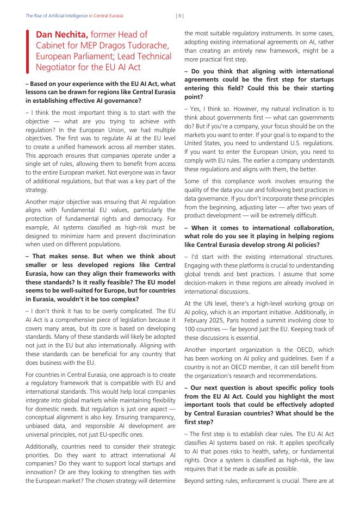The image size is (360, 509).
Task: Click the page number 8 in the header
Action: tap(180, 16)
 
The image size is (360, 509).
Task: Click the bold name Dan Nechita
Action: tap(61, 35)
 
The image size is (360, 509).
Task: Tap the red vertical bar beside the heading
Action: tap(28, 52)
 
